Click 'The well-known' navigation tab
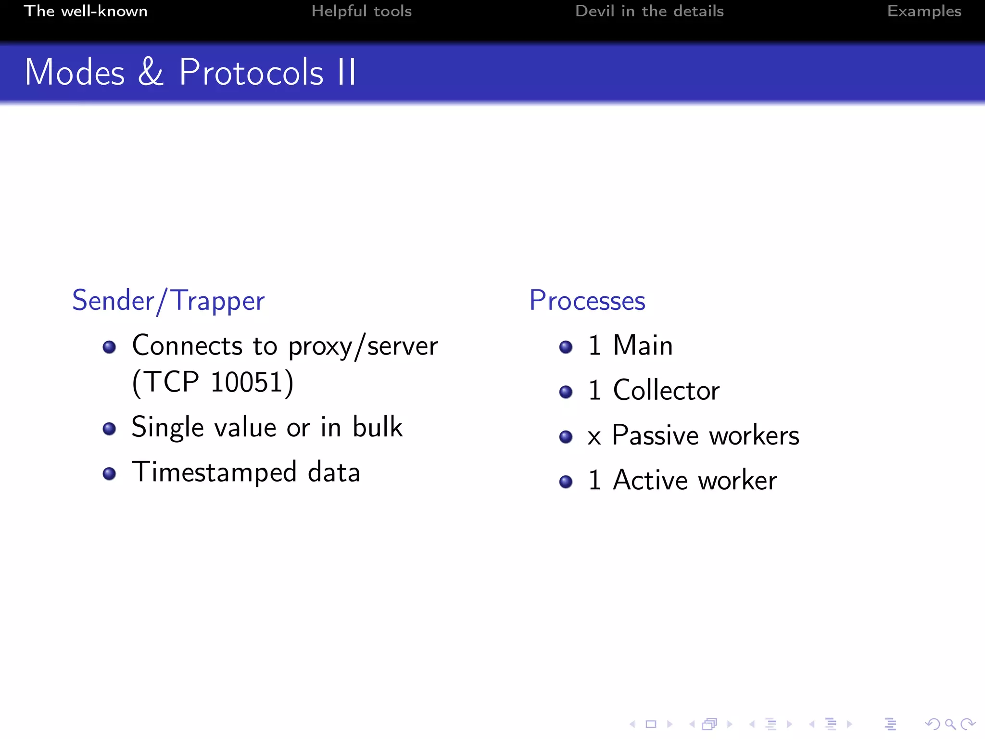tap(86, 11)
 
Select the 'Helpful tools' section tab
tap(361, 11)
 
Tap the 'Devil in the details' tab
tap(649, 11)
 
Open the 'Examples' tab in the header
tap(924, 11)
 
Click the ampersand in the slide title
tap(151, 72)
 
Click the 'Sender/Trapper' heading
tap(168, 301)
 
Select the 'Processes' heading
tap(587, 301)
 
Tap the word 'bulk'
tap(377, 427)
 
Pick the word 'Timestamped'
tap(214, 472)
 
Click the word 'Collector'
tap(666, 390)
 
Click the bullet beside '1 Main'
tap(566, 347)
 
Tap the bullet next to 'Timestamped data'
tap(109, 473)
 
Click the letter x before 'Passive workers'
tap(594, 437)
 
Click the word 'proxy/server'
tap(363, 347)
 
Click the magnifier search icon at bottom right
tap(949, 724)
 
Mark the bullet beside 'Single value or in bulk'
tap(109, 429)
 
